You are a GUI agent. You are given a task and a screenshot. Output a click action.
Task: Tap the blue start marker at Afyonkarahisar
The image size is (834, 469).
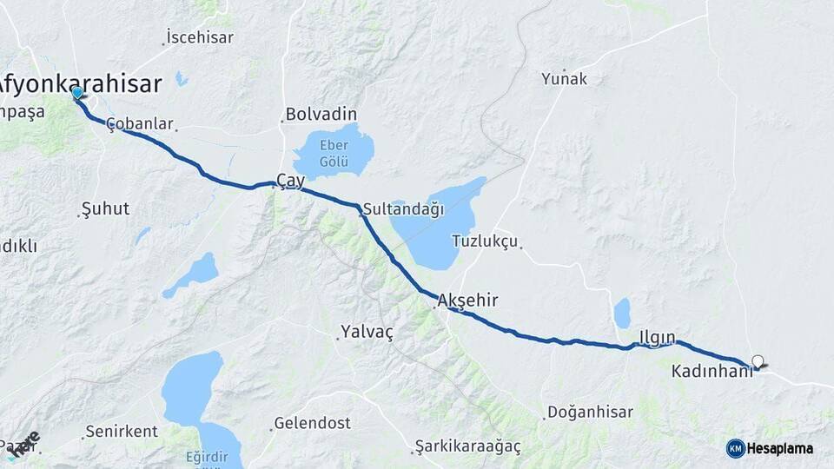tap(77, 93)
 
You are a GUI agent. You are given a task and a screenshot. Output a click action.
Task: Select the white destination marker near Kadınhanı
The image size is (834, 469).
tap(758, 361)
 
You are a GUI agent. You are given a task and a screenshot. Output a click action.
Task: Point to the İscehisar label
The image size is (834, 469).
tap(200, 37)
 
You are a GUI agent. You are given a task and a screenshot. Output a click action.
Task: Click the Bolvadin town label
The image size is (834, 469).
tap(321, 115)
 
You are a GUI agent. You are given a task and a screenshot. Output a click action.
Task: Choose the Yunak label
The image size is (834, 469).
tap(565, 79)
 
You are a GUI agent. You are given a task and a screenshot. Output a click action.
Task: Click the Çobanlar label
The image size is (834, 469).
tap(140, 124)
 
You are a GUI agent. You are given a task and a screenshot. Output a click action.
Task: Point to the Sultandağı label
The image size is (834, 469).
tap(403, 209)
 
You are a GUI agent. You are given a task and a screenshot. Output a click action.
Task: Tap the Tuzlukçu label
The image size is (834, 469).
tap(485, 241)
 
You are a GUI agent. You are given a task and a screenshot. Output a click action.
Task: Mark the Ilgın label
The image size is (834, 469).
tap(657, 336)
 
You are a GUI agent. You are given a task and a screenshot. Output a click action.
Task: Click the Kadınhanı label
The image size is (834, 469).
tap(712, 371)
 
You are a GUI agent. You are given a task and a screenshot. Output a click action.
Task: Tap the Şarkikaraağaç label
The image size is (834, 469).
tap(467, 446)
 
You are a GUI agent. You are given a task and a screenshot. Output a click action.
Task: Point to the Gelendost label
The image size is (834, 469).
tap(312, 423)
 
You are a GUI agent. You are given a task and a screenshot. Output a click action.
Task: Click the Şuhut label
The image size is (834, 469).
tap(104, 208)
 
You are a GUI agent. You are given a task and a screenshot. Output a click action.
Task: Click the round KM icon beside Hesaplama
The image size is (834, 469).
tap(735, 448)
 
